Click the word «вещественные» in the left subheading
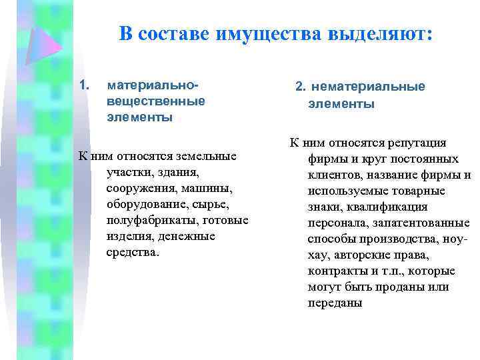point(155,102)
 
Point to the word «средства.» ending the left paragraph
point(133,253)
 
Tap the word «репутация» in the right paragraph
point(419,143)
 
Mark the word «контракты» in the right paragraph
point(335,271)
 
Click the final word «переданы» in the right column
point(335,303)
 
